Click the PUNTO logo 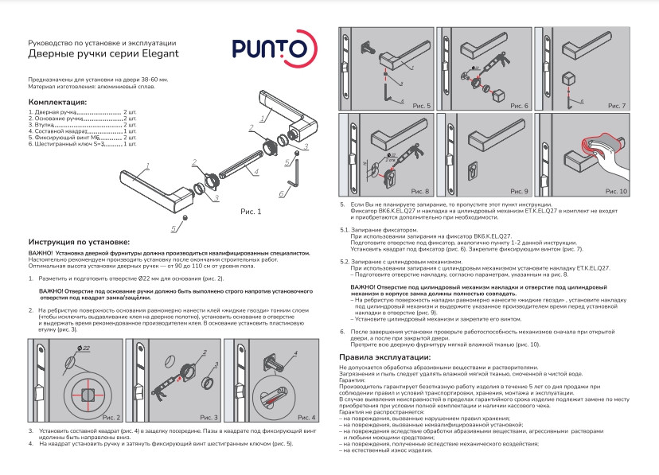(x=264, y=49)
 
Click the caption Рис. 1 (x=251, y=212)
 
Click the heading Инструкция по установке (x=78, y=240)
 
